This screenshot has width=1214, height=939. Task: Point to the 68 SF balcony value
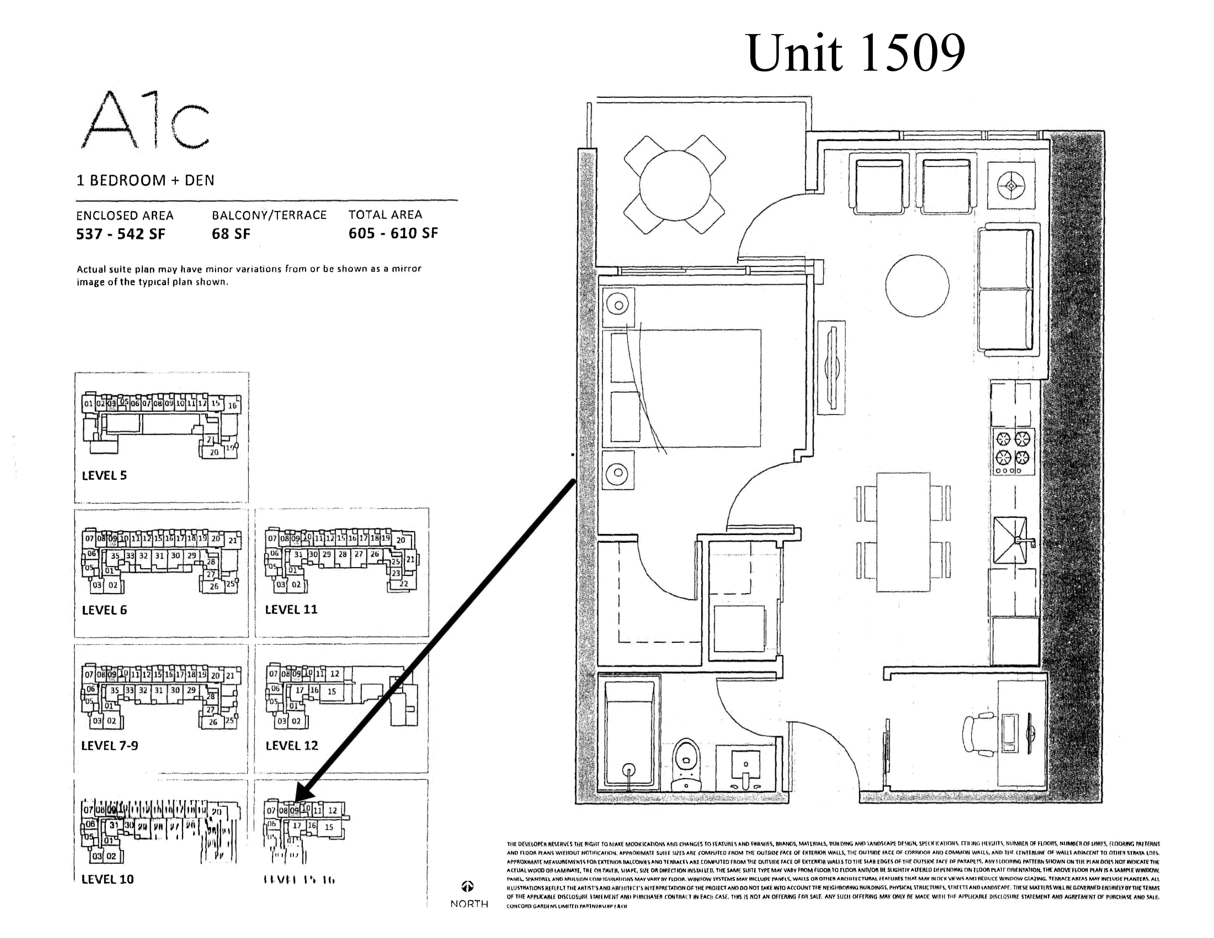[231, 234]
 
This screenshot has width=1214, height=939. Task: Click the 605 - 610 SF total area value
[393, 233]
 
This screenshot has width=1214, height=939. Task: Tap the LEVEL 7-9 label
[109, 745]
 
